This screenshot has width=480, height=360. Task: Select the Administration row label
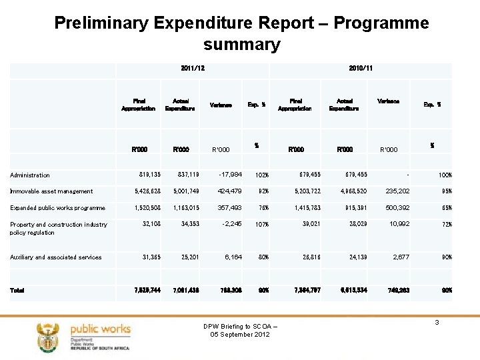pyautogui.click(x=30, y=175)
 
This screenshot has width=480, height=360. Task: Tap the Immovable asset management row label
pyautogui.click(x=51, y=192)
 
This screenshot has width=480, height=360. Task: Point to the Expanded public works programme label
pyautogui.click(x=57, y=208)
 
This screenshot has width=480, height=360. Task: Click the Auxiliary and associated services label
pyautogui.click(x=56, y=257)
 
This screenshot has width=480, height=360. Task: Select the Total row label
pyautogui.click(x=19, y=290)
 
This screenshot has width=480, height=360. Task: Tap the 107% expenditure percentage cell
pyautogui.click(x=261, y=225)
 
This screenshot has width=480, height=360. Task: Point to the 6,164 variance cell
pyautogui.click(x=237, y=257)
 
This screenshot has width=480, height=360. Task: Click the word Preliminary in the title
pyautogui.click(x=101, y=23)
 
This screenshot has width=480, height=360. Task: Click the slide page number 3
pyautogui.click(x=437, y=323)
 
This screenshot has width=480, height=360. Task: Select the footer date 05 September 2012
pyautogui.click(x=239, y=334)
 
